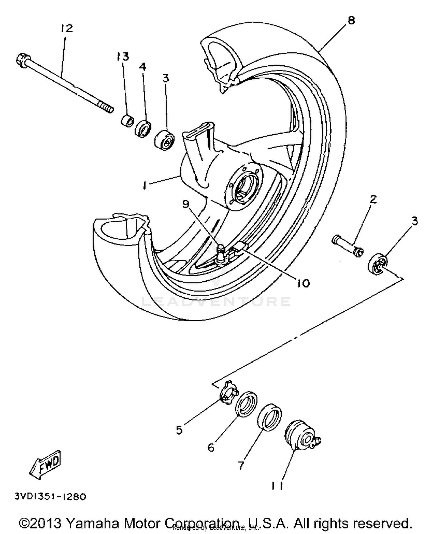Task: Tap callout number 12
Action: tap(67, 29)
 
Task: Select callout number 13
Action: tap(123, 56)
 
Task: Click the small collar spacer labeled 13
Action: tap(127, 121)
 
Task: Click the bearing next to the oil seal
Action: tap(164, 140)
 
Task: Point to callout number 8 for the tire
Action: tap(351, 20)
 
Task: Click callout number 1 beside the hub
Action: tap(144, 185)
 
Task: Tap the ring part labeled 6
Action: tap(247, 404)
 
